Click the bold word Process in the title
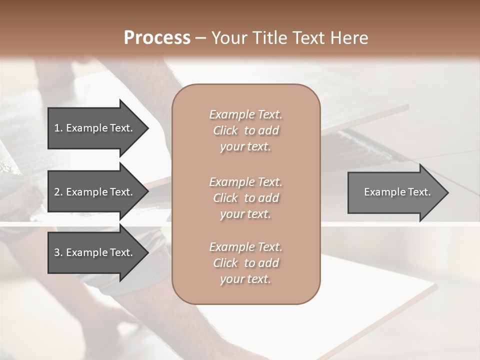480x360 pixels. point(157,38)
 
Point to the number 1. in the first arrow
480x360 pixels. point(58,128)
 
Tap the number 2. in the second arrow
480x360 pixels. point(58,192)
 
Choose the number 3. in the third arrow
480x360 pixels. point(58,252)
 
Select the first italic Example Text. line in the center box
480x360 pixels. point(245,114)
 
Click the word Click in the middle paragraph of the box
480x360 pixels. point(225,198)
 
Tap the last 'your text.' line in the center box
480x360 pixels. point(245,279)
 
